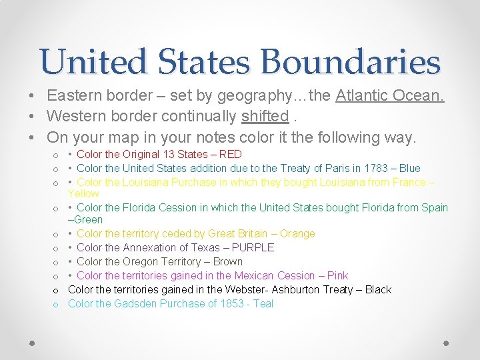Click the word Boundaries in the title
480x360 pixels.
point(351,62)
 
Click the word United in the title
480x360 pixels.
point(93,62)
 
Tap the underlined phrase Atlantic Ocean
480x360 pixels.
point(390,95)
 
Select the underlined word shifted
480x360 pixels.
point(265,117)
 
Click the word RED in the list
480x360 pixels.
point(230,154)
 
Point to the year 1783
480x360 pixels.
point(375,168)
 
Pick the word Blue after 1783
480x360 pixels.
point(409,168)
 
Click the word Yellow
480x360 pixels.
point(83,193)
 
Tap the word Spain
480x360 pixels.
point(434,207)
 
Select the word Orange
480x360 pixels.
point(298,233)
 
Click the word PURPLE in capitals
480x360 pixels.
point(253,247)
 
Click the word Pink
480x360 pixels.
point(336,275)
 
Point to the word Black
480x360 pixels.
point(378,289)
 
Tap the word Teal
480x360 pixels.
point(262,303)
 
